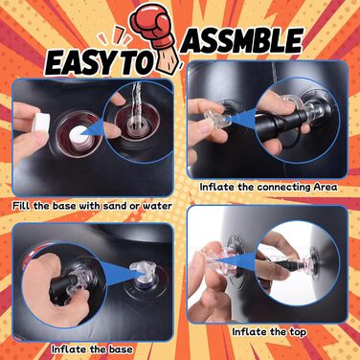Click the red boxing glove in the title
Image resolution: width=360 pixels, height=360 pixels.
click(x=151, y=26)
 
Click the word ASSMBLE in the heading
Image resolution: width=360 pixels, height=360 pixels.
click(x=242, y=40)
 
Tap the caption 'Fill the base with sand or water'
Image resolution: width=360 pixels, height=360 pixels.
click(x=92, y=206)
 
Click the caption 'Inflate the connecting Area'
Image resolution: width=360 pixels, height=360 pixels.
click(x=268, y=187)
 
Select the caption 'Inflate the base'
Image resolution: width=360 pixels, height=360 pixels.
click(x=92, y=349)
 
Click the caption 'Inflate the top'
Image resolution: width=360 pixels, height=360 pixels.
click(x=269, y=332)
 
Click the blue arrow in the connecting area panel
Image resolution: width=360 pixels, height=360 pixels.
click(x=241, y=119)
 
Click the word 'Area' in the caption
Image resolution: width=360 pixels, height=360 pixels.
click(x=326, y=187)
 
